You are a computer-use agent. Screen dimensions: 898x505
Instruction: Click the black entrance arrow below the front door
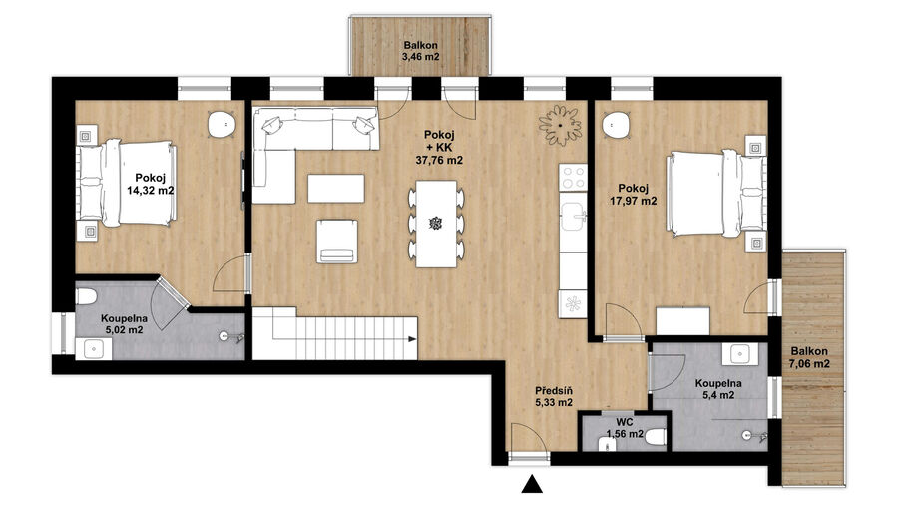(533, 484)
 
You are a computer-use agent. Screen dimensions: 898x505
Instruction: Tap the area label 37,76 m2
(439, 161)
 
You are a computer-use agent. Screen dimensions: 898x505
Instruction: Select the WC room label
(625, 422)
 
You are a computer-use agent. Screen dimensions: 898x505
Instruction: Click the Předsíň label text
(554, 391)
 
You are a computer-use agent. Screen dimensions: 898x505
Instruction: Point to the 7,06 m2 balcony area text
(809, 363)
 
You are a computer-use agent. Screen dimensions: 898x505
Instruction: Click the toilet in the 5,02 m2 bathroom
(86, 296)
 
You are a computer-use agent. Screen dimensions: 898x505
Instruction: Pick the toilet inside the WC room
(657, 438)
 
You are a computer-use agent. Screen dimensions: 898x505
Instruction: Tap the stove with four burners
(574, 177)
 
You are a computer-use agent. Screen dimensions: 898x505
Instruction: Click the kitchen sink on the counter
(574, 216)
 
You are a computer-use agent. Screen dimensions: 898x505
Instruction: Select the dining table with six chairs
(436, 224)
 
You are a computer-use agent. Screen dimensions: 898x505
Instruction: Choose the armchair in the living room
(337, 242)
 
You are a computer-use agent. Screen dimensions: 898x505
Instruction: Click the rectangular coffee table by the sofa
(336, 189)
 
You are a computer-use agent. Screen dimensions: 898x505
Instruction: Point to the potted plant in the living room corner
(560, 124)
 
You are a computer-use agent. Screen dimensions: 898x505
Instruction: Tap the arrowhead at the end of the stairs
(412, 339)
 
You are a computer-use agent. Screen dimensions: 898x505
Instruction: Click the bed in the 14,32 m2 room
(127, 182)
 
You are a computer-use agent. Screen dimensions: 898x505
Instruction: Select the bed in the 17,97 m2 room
(715, 194)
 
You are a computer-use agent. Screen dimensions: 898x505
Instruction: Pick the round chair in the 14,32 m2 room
(222, 124)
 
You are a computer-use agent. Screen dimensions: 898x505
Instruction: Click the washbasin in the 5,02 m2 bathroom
(94, 348)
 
